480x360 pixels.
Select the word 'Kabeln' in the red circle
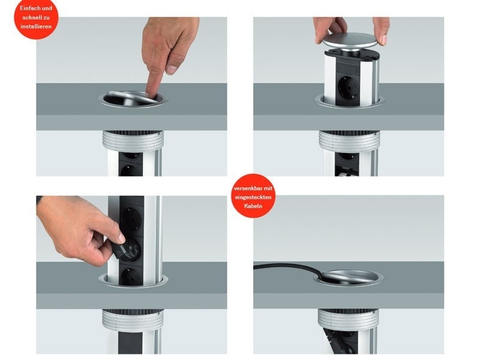pyautogui.click(x=253, y=206)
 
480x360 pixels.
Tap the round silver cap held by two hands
pyautogui.click(x=351, y=43)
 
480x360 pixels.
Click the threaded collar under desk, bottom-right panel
pyautogui.click(x=349, y=318)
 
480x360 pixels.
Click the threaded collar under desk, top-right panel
pyautogui.click(x=349, y=140)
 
